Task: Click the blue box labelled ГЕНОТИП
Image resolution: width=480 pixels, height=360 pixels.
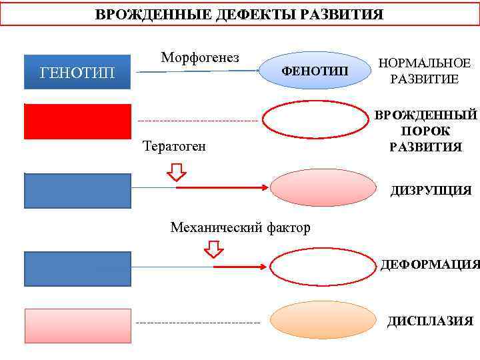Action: (x=77, y=71)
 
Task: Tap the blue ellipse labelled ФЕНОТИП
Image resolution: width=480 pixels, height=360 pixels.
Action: (x=314, y=71)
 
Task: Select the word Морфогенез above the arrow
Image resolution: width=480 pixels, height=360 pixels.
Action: (x=200, y=57)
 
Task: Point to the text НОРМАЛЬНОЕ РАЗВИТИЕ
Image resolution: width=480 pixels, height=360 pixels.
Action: (x=424, y=71)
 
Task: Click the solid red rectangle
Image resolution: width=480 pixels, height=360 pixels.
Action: (x=77, y=121)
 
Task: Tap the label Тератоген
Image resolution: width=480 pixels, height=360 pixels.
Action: (x=175, y=146)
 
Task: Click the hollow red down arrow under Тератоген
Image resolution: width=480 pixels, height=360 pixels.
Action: (x=177, y=172)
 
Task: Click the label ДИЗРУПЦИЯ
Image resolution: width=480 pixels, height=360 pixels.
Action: (x=431, y=191)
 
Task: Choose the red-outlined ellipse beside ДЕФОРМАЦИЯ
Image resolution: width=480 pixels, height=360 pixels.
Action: (x=320, y=266)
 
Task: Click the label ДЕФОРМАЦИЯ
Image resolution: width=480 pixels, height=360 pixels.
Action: (x=430, y=265)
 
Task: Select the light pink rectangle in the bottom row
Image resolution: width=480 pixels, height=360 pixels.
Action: (x=77, y=325)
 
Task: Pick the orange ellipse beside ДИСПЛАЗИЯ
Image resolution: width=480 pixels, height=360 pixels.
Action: (x=321, y=322)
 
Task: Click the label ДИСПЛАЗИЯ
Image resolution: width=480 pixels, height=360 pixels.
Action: (x=430, y=321)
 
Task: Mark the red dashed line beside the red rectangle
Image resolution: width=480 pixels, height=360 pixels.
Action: (x=198, y=121)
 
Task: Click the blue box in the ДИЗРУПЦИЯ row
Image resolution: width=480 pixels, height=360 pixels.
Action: (x=77, y=191)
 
